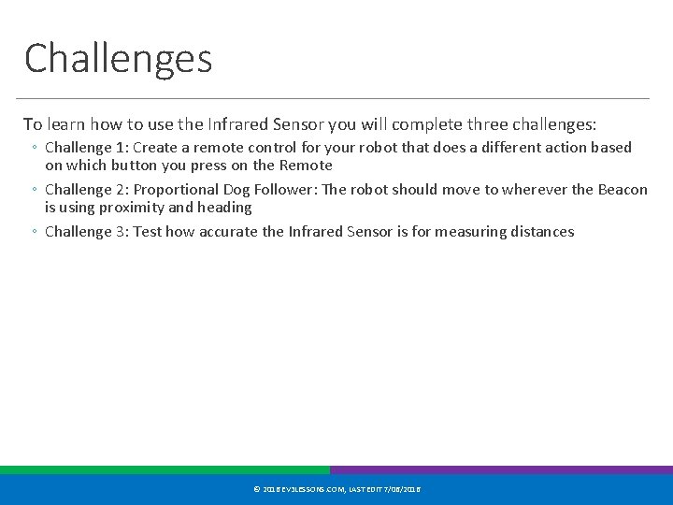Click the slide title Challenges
click(x=119, y=58)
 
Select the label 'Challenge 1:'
click(x=88, y=148)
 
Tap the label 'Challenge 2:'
click(x=88, y=190)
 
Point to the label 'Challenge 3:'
click(x=88, y=232)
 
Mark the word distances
click(x=540, y=232)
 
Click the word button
click(x=147, y=166)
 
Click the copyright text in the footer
click(x=336, y=489)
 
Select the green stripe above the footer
click(x=165, y=470)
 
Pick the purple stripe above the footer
click(x=501, y=470)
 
